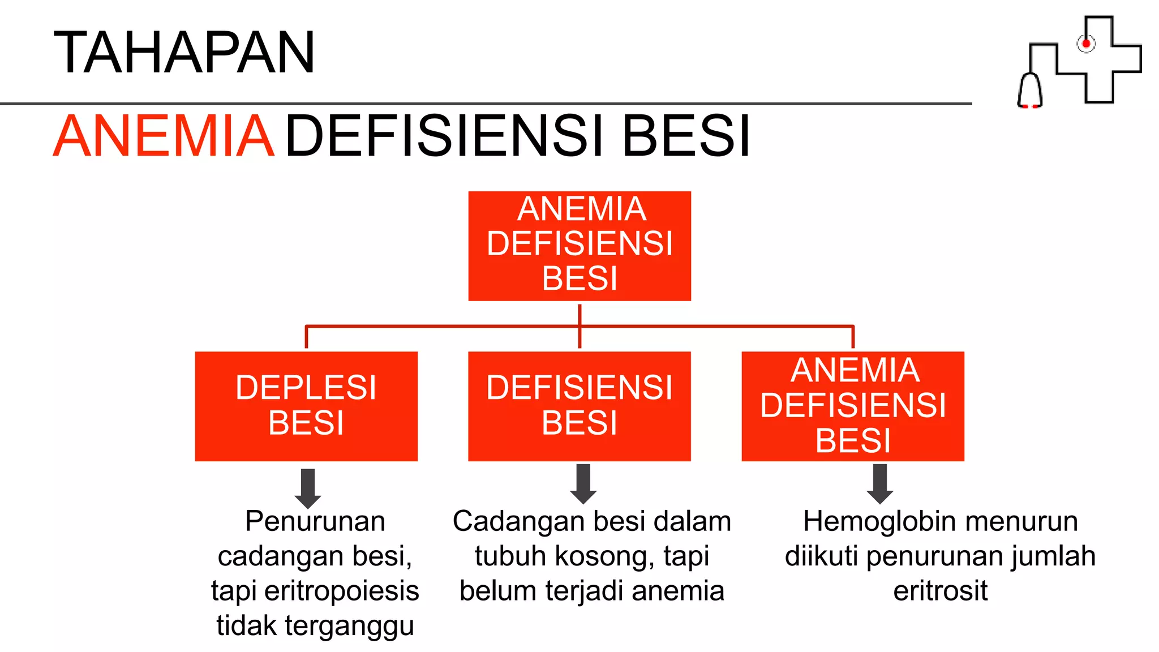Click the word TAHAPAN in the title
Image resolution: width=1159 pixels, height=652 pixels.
pyautogui.click(x=184, y=53)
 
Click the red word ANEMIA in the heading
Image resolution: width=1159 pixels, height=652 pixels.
pyautogui.click(x=164, y=136)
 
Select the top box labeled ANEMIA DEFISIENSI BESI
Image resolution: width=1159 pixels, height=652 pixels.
pyautogui.click(x=579, y=246)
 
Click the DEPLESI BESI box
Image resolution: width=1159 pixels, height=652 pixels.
pyautogui.click(x=306, y=406)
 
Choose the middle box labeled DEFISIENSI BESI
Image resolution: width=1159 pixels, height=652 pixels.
pyautogui.click(x=579, y=406)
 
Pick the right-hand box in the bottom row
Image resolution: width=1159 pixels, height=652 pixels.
pyautogui.click(x=853, y=406)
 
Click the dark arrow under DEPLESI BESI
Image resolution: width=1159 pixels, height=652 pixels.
pyautogui.click(x=308, y=488)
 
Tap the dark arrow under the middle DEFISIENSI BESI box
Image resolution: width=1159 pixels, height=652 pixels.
pyautogui.click(x=583, y=484)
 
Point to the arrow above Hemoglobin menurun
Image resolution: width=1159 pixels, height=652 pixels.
pyautogui.click(x=880, y=484)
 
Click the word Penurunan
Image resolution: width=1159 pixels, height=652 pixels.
pyautogui.click(x=315, y=521)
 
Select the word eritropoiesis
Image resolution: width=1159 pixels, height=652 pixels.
pyautogui.click(x=342, y=591)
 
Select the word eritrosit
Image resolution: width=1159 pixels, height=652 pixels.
pyautogui.click(x=940, y=591)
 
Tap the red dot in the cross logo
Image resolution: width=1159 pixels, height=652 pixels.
pyautogui.click(x=1086, y=44)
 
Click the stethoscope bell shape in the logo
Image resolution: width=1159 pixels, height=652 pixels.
pyautogui.click(x=1030, y=91)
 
